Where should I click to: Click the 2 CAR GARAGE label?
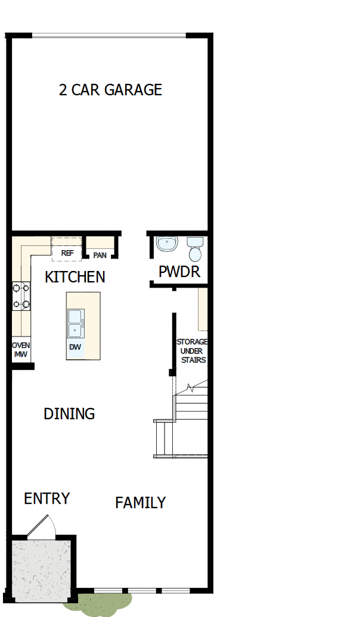pyautogui.click(x=110, y=90)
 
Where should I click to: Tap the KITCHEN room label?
pyautogui.click(x=75, y=277)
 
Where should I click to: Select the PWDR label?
pyautogui.click(x=179, y=272)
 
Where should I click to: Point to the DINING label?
pyautogui.click(x=69, y=413)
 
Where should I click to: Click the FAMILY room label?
pyautogui.click(x=140, y=503)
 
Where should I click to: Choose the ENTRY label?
pyautogui.click(x=46, y=498)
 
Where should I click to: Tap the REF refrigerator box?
pyautogui.click(x=67, y=253)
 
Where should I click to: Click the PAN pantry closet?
pyautogui.click(x=100, y=255)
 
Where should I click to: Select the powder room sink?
pyautogui.click(x=167, y=244)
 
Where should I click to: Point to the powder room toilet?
pyautogui.click(x=194, y=250)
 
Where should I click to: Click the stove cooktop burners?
pyautogui.click(x=21, y=297)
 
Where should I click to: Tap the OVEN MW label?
pyautogui.click(x=21, y=350)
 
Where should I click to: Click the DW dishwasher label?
pyautogui.click(x=75, y=347)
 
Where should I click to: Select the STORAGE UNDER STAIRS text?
pyautogui.click(x=192, y=351)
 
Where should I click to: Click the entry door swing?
pyautogui.click(x=42, y=527)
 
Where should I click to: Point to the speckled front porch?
pyautogui.click(x=41, y=569)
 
